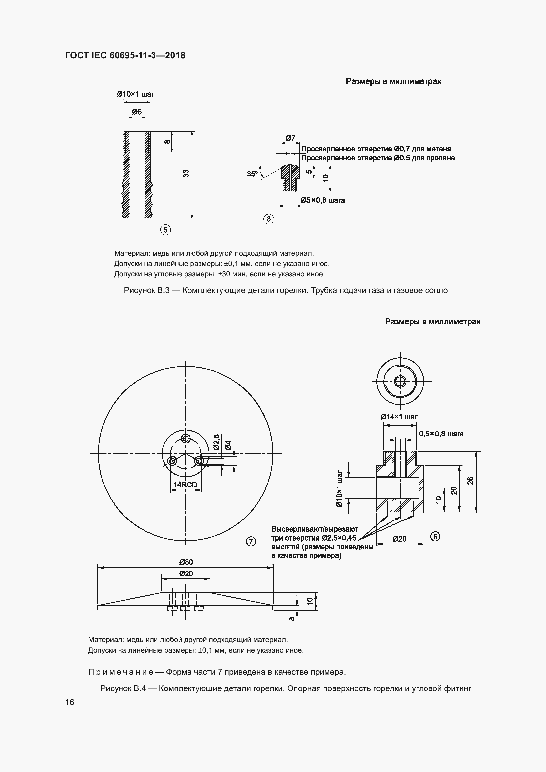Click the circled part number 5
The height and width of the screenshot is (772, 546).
pyautogui.click(x=165, y=230)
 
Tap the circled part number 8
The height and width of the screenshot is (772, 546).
pyautogui.click(x=268, y=219)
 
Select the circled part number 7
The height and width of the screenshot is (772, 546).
pyautogui.click(x=251, y=541)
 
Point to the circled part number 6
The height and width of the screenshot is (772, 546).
pyautogui.click(x=435, y=536)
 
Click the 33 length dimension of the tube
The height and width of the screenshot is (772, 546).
pyautogui.click(x=186, y=174)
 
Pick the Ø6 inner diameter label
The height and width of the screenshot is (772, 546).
pyautogui.click(x=137, y=112)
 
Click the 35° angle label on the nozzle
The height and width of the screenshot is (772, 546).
pyautogui.click(x=252, y=174)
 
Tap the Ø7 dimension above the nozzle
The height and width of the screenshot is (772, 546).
pyautogui.click(x=290, y=138)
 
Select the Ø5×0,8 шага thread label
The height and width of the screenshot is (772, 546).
pyautogui.click(x=323, y=200)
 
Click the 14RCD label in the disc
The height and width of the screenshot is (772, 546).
pyautogui.click(x=185, y=485)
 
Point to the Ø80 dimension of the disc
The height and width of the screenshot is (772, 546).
pyautogui.click(x=186, y=562)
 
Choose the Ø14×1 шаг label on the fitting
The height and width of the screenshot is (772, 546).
pyautogui.click(x=399, y=417)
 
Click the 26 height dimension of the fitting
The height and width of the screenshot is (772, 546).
pyautogui.click(x=471, y=481)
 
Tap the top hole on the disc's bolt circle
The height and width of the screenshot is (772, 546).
pyautogui.click(x=186, y=438)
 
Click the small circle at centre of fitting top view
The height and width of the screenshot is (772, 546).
pyautogui.click(x=400, y=381)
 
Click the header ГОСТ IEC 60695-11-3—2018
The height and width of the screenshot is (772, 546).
pyautogui.click(x=125, y=55)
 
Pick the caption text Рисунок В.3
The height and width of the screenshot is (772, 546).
pyautogui.click(x=147, y=290)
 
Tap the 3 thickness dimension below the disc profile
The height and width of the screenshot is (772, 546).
pyautogui.click(x=292, y=618)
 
